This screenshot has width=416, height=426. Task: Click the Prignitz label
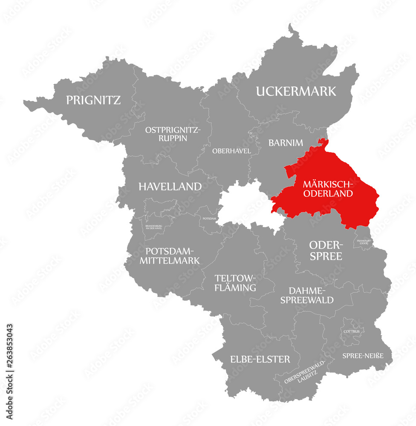(x=93, y=100)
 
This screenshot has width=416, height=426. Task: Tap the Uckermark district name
(x=296, y=91)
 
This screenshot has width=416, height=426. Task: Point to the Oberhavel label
(x=231, y=151)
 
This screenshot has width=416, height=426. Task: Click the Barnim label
(x=286, y=143)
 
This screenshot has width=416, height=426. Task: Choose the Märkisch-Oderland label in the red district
(x=328, y=189)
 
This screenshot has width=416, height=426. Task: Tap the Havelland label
(x=170, y=186)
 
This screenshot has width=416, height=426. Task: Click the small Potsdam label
(x=209, y=218)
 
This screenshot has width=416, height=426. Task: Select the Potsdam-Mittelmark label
(x=170, y=255)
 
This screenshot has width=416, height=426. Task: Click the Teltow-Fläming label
(x=235, y=283)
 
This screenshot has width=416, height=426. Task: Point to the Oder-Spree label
(x=326, y=250)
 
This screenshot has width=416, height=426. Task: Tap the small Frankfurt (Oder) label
(x=364, y=242)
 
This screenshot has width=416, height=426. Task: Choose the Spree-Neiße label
(x=363, y=355)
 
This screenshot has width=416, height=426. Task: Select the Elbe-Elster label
(x=260, y=359)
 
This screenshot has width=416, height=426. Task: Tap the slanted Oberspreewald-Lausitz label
(x=304, y=372)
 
